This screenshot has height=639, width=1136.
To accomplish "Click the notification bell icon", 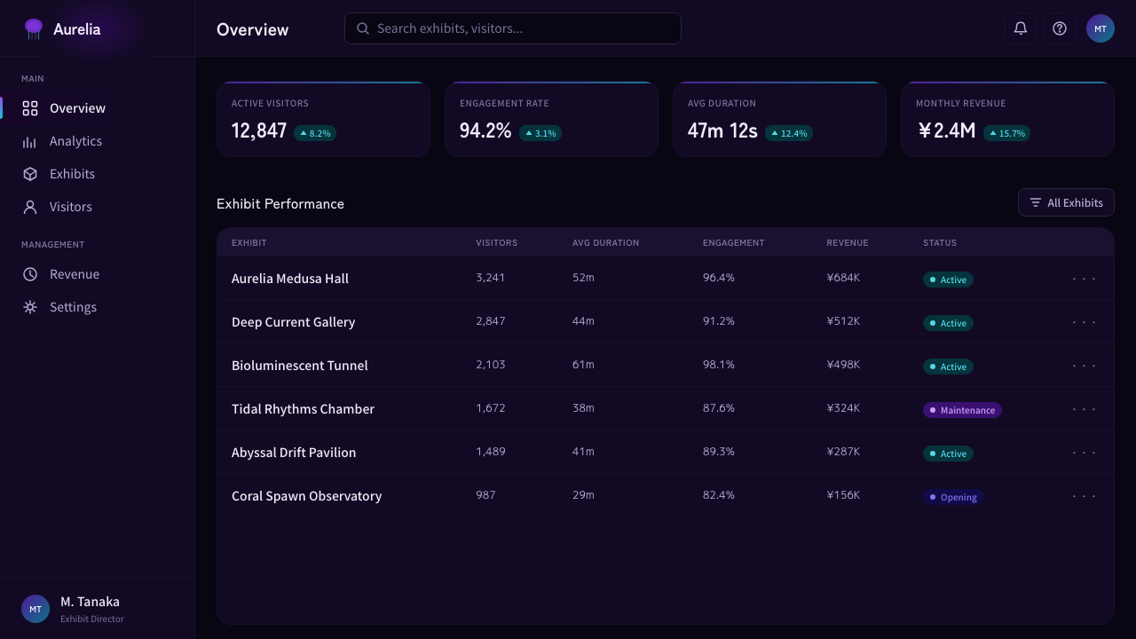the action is pyautogui.click(x=1021, y=28).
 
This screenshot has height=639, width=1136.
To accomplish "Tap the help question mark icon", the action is pyautogui.click(x=1060, y=28).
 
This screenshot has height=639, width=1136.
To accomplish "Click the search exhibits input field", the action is pyautogui.click(x=513, y=28).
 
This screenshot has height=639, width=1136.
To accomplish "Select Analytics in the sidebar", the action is pyautogui.click(x=75, y=141).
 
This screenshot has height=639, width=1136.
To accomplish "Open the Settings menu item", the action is pyautogui.click(x=73, y=307).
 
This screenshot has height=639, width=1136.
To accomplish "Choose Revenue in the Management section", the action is pyautogui.click(x=75, y=274).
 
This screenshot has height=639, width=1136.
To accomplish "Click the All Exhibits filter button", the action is pyautogui.click(x=1066, y=202).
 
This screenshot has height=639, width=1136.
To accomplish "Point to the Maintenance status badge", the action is pyautogui.click(x=962, y=410).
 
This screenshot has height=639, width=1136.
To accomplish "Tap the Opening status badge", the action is pyautogui.click(x=953, y=497).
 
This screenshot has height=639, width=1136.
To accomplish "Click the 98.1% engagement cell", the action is pyautogui.click(x=718, y=364).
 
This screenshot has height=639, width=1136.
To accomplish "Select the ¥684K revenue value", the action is pyautogui.click(x=843, y=278).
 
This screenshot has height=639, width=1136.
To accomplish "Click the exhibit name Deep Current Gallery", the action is pyautogui.click(x=293, y=322).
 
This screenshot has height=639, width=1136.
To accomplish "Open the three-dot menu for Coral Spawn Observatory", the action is pyautogui.click(x=1085, y=496).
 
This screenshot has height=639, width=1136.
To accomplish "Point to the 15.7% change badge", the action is pyautogui.click(x=1006, y=133).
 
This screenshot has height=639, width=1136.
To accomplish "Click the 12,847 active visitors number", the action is pyautogui.click(x=259, y=130).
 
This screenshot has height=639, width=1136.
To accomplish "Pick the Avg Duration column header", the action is pyautogui.click(x=605, y=243).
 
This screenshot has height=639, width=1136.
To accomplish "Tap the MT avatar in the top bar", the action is pyautogui.click(x=1100, y=28).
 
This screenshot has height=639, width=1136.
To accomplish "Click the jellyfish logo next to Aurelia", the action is pyautogui.click(x=34, y=29).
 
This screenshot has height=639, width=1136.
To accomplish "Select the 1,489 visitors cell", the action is pyautogui.click(x=491, y=452).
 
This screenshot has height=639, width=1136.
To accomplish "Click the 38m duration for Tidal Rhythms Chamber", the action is pyautogui.click(x=583, y=407).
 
